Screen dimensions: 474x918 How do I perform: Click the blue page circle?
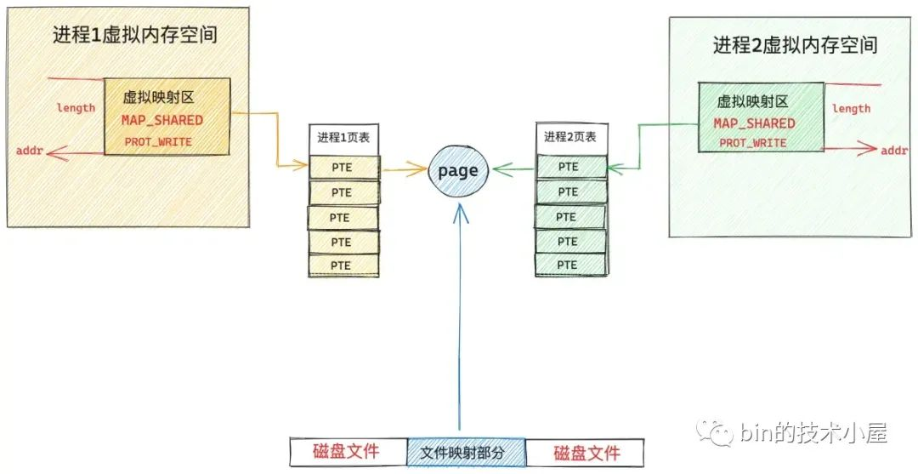[457, 171]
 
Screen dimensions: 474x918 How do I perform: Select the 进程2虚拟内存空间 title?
[795, 45]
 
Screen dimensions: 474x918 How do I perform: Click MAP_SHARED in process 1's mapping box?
[161, 120]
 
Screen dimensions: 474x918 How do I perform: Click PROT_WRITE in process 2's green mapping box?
[752, 143]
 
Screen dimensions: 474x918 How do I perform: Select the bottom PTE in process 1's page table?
[342, 266]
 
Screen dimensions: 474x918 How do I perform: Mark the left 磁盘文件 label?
[346, 451]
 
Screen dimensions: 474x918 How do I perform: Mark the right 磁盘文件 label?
[586, 452]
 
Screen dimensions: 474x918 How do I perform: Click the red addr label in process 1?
[28, 151]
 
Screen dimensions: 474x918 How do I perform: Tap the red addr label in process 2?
[894, 150]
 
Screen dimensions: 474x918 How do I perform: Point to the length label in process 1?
[76, 108]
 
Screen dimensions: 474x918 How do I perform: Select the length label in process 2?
[851, 108]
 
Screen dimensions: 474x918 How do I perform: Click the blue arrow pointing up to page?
[459, 323]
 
